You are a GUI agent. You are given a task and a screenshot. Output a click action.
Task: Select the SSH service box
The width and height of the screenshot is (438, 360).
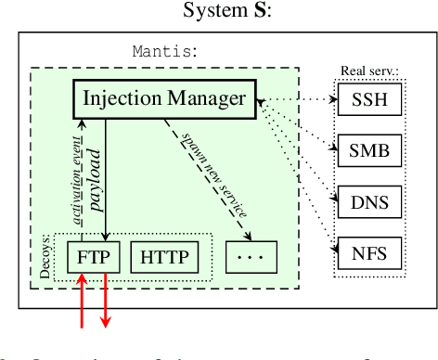[367, 98]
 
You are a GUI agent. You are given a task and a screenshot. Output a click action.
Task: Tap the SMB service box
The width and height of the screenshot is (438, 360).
[367, 148]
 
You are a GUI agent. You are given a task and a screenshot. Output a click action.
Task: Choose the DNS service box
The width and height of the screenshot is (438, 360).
[367, 199]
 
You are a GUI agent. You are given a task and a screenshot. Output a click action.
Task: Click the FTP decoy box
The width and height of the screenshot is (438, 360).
[94, 257]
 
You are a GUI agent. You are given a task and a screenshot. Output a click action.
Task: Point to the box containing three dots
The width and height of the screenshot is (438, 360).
[251, 257]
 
